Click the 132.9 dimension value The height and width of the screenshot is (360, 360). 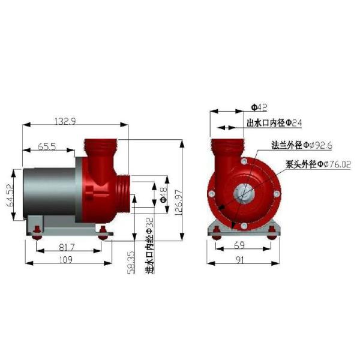pos(65,121)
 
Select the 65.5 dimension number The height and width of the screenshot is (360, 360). pos(47,146)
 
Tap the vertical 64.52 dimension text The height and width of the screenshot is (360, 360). pos(11,195)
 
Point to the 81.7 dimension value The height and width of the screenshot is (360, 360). pos(67,247)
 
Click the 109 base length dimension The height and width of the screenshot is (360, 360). pos(66,260)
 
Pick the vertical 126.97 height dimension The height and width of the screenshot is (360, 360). pos(179,202)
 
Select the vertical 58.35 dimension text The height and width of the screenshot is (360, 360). pos(131,262)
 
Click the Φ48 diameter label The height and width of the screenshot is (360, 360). pos(164,195)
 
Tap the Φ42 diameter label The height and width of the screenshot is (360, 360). pos(259,107)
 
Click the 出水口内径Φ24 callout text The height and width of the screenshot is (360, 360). pos(274,123)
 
